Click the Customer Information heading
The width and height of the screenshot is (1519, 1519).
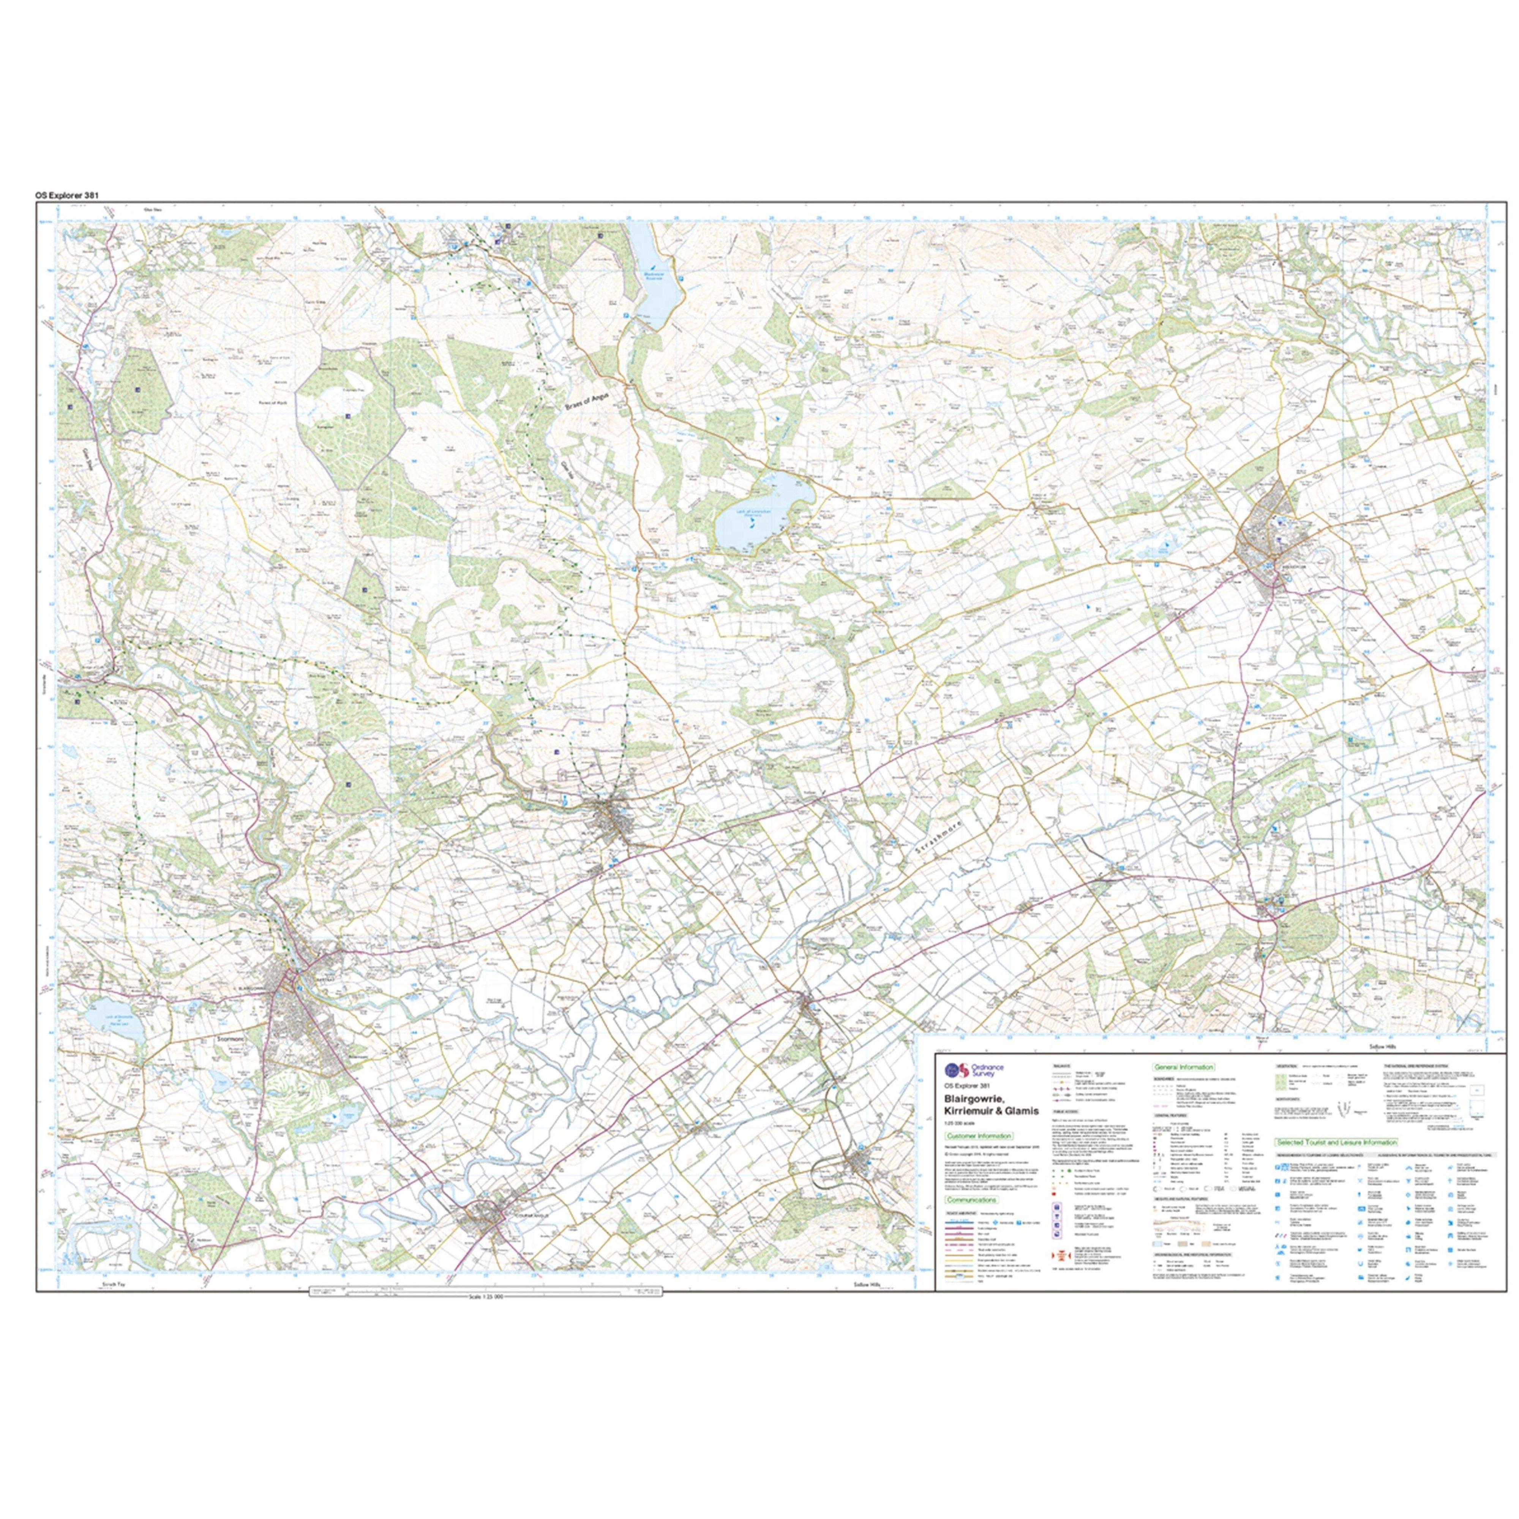click(x=979, y=1136)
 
